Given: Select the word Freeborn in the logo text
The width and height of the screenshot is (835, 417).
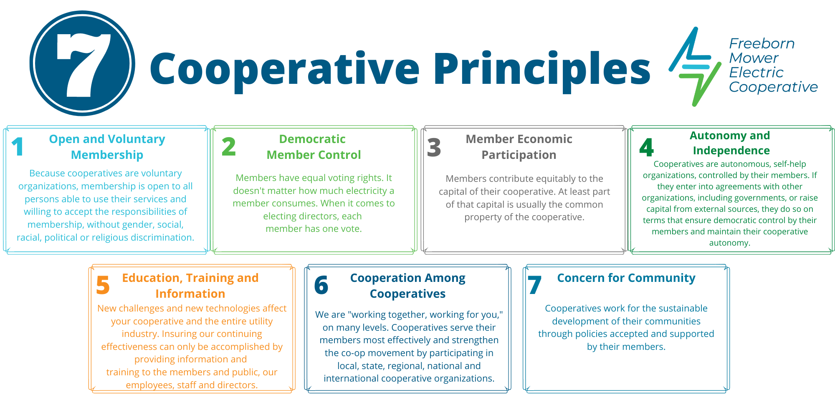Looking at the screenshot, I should click(x=762, y=44).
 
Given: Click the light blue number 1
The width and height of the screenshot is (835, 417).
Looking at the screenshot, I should click(x=18, y=147).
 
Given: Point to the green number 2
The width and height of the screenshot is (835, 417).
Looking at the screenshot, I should click(x=229, y=147).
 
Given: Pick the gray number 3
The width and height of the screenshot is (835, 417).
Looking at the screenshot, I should click(x=434, y=148).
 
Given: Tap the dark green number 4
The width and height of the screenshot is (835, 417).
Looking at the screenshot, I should click(x=646, y=148).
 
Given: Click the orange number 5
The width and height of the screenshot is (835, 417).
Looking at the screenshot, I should click(x=103, y=286).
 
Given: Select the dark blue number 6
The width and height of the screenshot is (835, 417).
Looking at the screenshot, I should click(x=321, y=286).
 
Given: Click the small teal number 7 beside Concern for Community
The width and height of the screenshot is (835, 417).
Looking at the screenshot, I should click(x=534, y=286).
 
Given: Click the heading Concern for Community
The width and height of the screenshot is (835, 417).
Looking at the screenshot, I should click(x=626, y=278).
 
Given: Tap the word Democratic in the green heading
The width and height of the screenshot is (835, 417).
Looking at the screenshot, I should click(x=312, y=139).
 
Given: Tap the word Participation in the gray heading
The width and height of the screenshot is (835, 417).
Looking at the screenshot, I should click(x=519, y=155).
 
